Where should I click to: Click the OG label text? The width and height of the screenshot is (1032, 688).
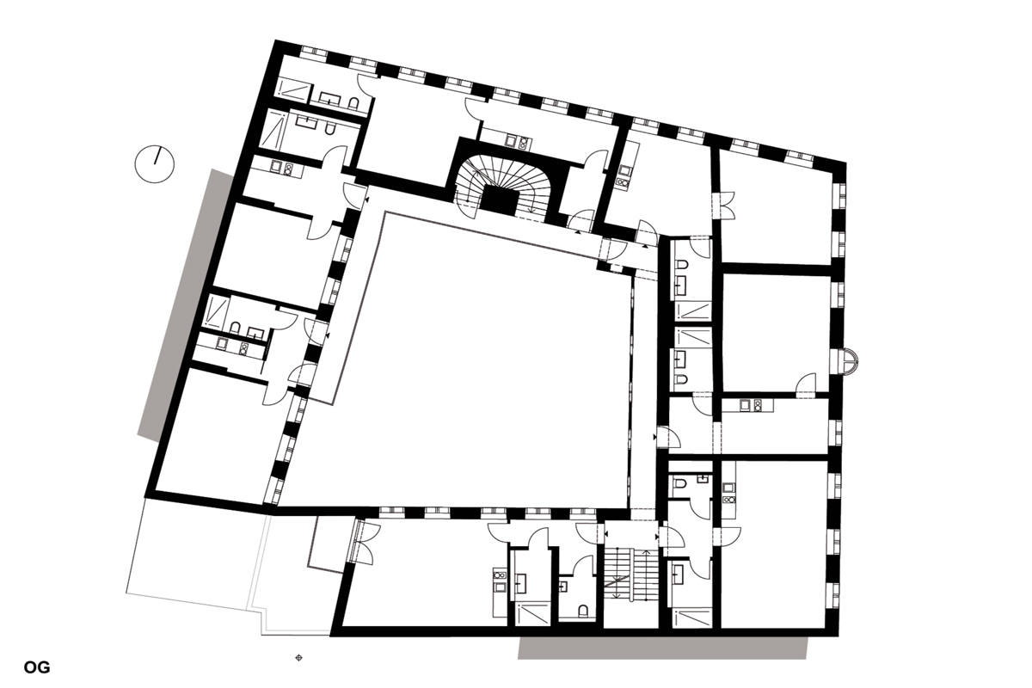[x=37, y=667]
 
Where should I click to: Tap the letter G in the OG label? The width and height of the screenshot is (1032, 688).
[x=44, y=667]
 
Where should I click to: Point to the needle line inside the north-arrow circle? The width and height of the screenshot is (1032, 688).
[x=158, y=156]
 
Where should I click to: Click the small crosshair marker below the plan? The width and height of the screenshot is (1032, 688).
[x=298, y=658]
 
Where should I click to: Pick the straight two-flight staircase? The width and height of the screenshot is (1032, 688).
[x=630, y=574]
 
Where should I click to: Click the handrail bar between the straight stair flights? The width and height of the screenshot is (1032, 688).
[x=630, y=574]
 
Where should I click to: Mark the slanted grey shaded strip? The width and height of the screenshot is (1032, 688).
[x=185, y=305]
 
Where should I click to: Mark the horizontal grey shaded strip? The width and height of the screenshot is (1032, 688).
[x=662, y=648]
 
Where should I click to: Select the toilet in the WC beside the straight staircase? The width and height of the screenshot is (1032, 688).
[x=583, y=611]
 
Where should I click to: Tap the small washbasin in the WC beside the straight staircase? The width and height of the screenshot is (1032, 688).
[x=563, y=587]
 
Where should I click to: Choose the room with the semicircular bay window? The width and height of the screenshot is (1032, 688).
[x=777, y=332]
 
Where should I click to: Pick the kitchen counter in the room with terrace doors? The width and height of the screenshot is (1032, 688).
[x=500, y=593]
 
